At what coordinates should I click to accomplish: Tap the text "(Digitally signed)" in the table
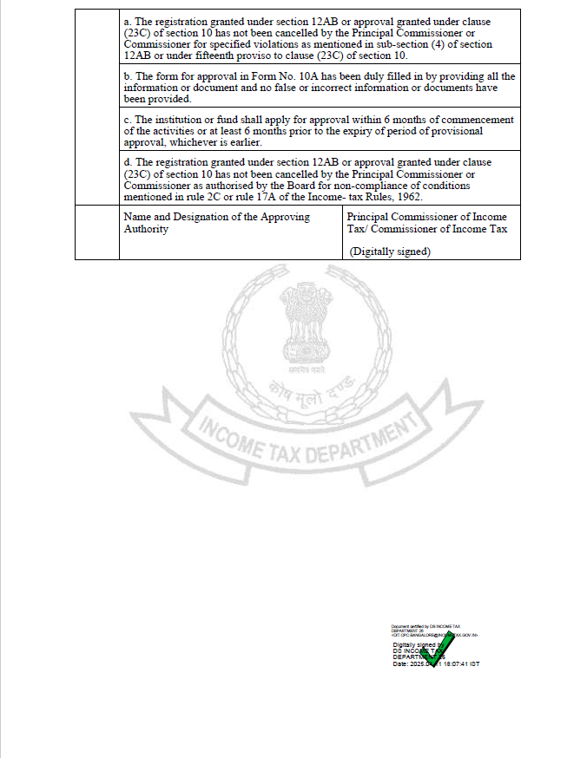tap(390, 252)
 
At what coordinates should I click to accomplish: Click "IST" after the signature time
tap(474, 664)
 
